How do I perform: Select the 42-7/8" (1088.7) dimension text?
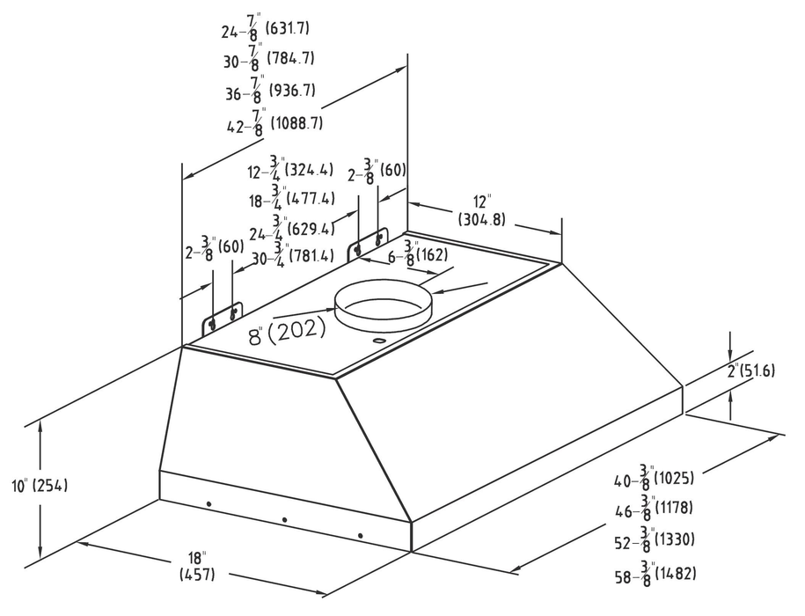coord(274,123)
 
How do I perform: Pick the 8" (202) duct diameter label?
coord(286,330)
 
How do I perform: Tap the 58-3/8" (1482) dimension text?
coord(655,575)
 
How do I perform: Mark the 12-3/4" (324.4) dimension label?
coord(291,168)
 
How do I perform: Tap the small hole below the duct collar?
coord(376,341)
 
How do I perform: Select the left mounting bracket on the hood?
coord(221,319)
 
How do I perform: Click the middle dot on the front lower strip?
coord(284,520)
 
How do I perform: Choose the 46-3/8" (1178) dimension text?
coord(655,510)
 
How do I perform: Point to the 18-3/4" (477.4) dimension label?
coord(289,199)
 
